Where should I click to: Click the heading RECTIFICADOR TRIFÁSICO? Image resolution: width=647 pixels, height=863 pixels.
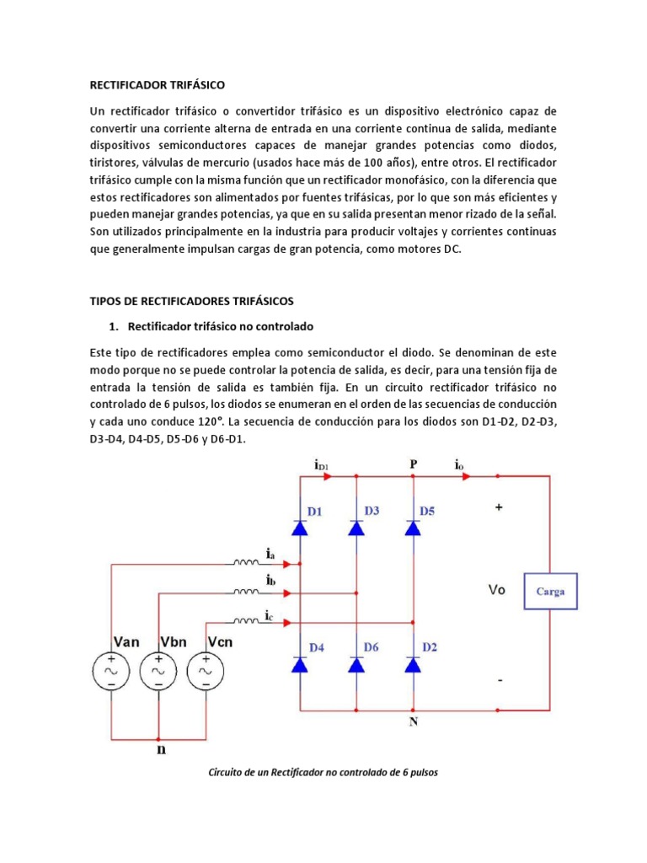(x=158, y=84)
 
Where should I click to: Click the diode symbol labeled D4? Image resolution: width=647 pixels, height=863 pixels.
(x=299, y=665)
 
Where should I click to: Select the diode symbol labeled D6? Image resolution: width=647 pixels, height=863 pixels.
(x=356, y=665)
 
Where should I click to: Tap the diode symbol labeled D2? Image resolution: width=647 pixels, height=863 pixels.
(x=413, y=665)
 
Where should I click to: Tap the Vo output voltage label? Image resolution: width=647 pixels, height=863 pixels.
(x=497, y=591)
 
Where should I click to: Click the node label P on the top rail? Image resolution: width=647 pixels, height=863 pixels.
(x=413, y=464)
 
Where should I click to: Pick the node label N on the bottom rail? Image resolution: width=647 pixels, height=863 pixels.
(x=413, y=721)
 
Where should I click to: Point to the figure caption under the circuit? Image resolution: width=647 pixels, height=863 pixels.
(x=323, y=772)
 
